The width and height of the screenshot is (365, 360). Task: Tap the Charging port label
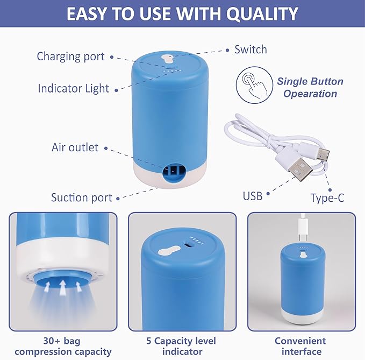tap(70, 57)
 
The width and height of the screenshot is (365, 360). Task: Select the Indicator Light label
tap(73, 88)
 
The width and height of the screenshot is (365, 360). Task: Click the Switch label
tap(251, 50)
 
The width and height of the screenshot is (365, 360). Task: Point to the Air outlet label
tap(75, 147)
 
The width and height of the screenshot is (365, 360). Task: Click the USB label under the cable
tap(252, 196)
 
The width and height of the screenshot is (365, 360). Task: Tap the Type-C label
tap(327, 198)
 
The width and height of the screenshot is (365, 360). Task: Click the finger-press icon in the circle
tap(252, 86)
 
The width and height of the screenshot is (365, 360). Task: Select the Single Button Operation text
tap(310, 88)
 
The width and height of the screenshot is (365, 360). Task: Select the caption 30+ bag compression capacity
tap(63, 346)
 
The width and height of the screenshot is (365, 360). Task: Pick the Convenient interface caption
tap(300, 346)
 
